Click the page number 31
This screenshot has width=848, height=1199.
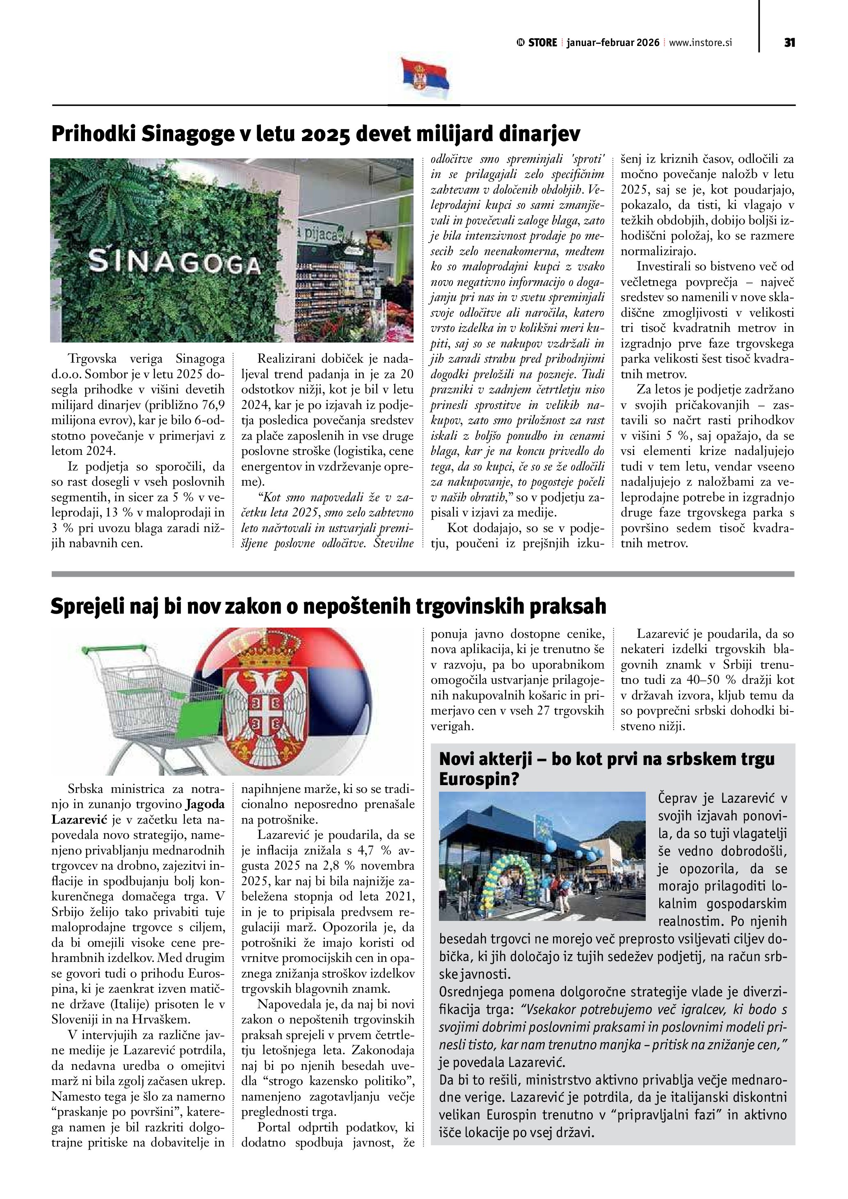[789, 43]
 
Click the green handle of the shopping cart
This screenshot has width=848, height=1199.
[112, 650]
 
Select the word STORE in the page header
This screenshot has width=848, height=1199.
[542, 43]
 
